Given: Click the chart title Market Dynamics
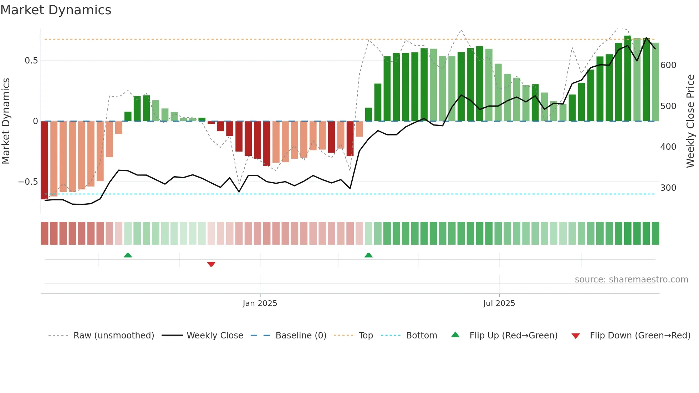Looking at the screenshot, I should (56, 10).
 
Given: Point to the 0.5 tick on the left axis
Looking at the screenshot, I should (31, 61).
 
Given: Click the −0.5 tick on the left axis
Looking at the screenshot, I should (28, 182).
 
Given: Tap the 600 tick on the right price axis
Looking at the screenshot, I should (668, 65).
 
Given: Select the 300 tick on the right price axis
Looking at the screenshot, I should (668, 188).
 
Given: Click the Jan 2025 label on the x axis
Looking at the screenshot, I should (260, 303).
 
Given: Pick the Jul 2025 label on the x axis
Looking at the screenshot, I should (499, 303).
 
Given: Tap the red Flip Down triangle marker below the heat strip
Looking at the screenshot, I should (211, 264).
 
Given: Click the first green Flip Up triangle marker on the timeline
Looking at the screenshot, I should (128, 255).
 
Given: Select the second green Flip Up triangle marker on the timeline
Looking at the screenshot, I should (368, 255).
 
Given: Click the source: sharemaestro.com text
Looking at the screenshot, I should (631, 280).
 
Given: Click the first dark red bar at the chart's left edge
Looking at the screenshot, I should (45, 160).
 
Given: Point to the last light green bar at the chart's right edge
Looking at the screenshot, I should (655, 82).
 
